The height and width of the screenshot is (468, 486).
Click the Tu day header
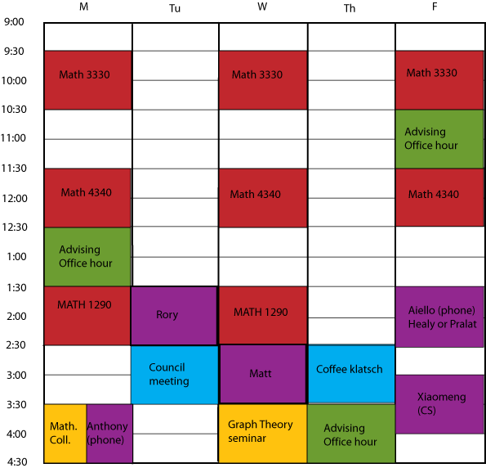point(175,8)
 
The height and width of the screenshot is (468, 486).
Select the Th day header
point(350,8)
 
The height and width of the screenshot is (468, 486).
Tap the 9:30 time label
point(14,52)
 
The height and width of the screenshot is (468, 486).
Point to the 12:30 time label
point(15,227)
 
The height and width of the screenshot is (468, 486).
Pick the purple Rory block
point(174,316)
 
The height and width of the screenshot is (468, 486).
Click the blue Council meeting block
point(175,375)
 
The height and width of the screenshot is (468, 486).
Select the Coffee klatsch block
point(351,374)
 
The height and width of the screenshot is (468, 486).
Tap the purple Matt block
point(263,374)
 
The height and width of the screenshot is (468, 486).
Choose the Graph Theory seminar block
point(263,434)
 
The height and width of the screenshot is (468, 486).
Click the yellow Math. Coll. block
point(65,434)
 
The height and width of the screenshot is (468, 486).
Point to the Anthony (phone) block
point(109,434)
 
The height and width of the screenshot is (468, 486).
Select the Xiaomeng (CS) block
point(439,404)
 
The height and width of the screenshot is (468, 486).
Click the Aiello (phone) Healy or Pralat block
point(439,317)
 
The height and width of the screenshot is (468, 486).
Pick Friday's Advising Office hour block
point(439,139)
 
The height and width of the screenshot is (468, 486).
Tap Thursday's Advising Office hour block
point(351,434)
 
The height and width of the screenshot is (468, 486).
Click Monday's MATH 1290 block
point(87,316)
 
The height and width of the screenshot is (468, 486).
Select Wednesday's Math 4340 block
point(263,198)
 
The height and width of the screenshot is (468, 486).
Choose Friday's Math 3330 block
point(439,80)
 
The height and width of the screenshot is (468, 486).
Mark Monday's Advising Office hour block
point(87,257)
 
